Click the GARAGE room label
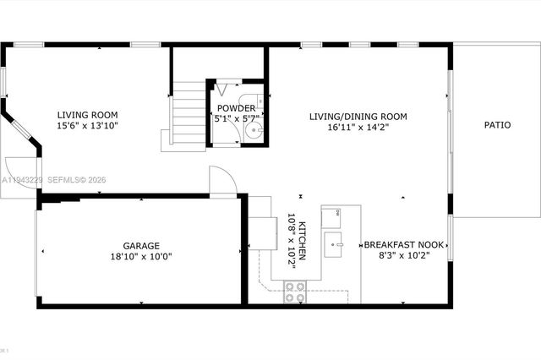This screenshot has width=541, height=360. coord(141,244)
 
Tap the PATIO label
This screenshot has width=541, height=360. coord(497,125)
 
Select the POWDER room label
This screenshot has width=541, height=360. coord(237,108)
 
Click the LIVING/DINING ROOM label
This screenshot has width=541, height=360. coord(358,117)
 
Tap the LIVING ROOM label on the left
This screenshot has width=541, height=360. coord(87,115)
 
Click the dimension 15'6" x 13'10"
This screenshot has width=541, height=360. coord(87,126)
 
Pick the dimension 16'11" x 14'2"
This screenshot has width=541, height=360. coord(358,128)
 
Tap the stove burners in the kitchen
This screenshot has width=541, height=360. coord(295,292)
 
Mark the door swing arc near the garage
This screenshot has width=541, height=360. coord(221,179)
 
